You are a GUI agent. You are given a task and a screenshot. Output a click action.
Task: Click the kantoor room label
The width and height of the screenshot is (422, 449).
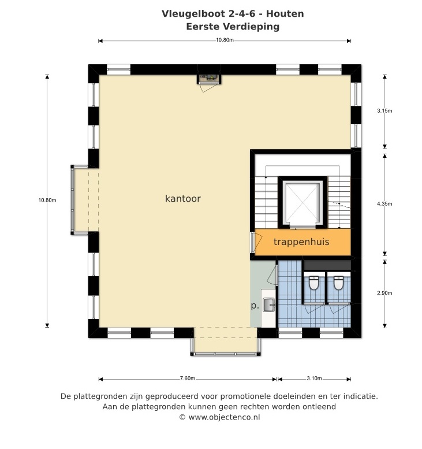pyautogui.click(x=183, y=198)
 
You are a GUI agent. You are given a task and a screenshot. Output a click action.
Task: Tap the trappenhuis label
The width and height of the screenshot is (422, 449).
pyautogui.click(x=301, y=242)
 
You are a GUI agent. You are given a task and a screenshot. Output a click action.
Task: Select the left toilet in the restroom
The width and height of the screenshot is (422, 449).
pyautogui.click(x=314, y=283)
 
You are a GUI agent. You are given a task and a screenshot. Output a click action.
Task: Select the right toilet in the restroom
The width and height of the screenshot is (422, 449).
pyautogui.click(x=338, y=283)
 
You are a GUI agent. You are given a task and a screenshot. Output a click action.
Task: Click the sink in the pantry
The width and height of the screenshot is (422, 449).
pyautogui.click(x=268, y=305)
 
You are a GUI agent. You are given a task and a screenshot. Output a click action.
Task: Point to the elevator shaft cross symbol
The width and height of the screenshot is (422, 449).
pyautogui.click(x=303, y=203)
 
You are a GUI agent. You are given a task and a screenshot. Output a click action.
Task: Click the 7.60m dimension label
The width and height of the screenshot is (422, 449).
pyautogui.click(x=188, y=379)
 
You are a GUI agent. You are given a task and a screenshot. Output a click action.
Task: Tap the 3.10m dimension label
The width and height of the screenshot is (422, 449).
pyautogui.click(x=314, y=379)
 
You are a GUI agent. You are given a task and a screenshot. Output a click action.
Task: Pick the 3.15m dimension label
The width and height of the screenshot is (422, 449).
pyautogui.click(x=384, y=111)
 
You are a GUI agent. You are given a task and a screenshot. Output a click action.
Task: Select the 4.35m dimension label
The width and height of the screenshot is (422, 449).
pyautogui.click(x=384, y=204)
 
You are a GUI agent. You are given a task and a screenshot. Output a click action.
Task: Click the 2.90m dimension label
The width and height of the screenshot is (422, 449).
pyautogui.click(x=384, y=293)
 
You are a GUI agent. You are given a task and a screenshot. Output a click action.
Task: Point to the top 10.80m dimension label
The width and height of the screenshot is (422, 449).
pyautogui.click(x=225, y=40)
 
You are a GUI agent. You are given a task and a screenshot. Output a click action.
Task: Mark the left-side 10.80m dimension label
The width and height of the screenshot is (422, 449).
pyautogui.click(x=47, y=200)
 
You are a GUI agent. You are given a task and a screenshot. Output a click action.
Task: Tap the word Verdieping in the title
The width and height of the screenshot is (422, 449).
pyautogui.click(x=251, y=27)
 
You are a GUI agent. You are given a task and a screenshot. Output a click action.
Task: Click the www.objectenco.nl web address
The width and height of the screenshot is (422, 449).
pyautogui.click(x=225, y=417)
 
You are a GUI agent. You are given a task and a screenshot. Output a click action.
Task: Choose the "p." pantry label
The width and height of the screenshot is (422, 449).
pyautogui.click(x=255, y=306)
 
